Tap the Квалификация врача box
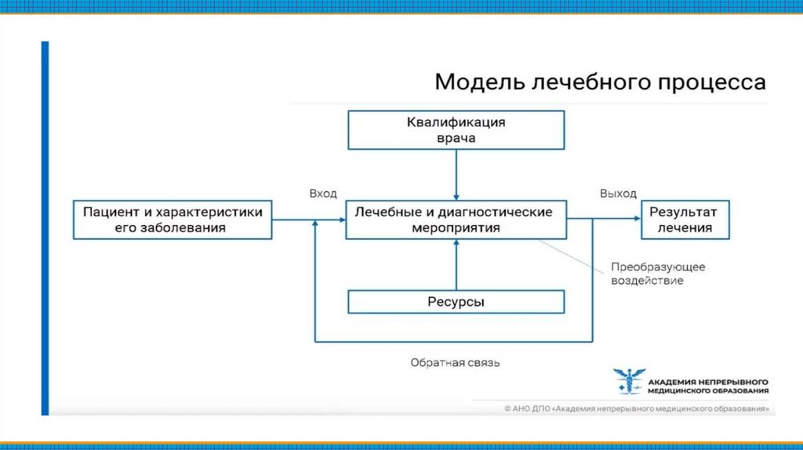point(456,129)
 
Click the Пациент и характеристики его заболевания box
point(173,220)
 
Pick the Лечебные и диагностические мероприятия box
point(456,220)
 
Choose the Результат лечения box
point(687,220)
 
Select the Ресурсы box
point(456,302)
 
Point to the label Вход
point(322,194)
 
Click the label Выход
point(618,194)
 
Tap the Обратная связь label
point(455,363)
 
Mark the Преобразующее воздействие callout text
point(658,274)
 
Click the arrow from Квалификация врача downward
point(456,174)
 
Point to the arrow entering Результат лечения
point(620,220)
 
